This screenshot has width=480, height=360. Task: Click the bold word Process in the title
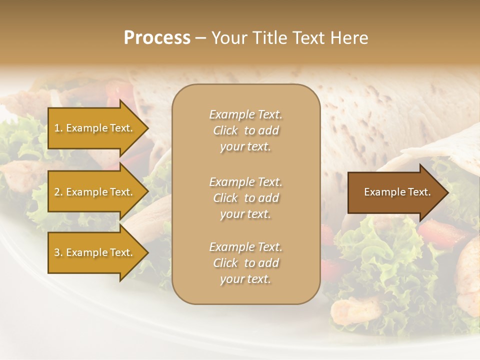click(x=157, y=38)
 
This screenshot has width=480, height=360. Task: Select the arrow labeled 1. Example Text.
click(x=95, y=128)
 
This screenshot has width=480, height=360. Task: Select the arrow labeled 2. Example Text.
click(x=95, y=192)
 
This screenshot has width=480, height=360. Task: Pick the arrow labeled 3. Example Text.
click(x=95, y=252)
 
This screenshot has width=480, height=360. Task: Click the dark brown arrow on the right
click(x=395, y=192)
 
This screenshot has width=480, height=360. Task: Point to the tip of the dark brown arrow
click(x=448, y=192)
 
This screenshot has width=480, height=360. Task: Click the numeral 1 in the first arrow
click(x=56, y=128)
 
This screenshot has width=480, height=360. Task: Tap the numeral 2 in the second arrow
click(x=56, y=192)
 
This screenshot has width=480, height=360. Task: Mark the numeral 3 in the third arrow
click(x=56, y=252)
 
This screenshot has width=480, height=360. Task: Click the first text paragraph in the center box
click(x=245, y=130)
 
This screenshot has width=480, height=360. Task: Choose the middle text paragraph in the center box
click(x=245, y=198)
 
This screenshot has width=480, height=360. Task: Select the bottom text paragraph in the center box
click(x=245, y=263)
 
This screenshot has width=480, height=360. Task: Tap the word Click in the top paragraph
click(x=225, y=130)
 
